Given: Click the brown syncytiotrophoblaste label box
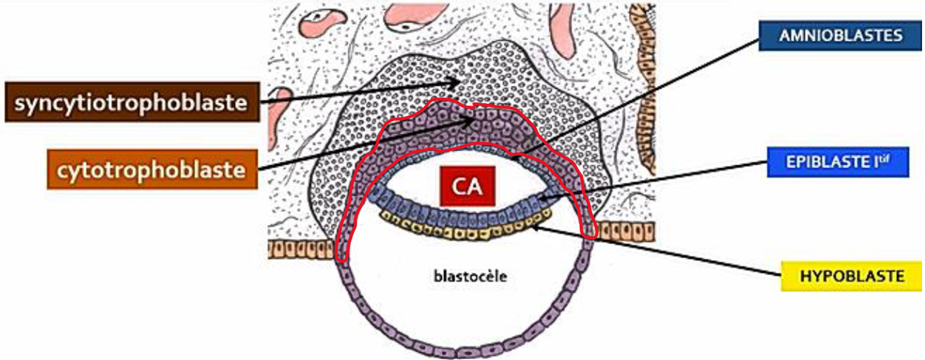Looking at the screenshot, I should click(x=132, y=103).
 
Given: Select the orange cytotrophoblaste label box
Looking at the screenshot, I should click(x=152, y=170).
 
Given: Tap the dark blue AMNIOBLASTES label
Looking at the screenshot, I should click(x=841, y=35).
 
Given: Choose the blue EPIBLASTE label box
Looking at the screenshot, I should click(x=837, y=162).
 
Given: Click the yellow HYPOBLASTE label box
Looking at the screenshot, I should click(x=851, y=276).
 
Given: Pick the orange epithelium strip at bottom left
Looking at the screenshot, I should click(x=298, y=248).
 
